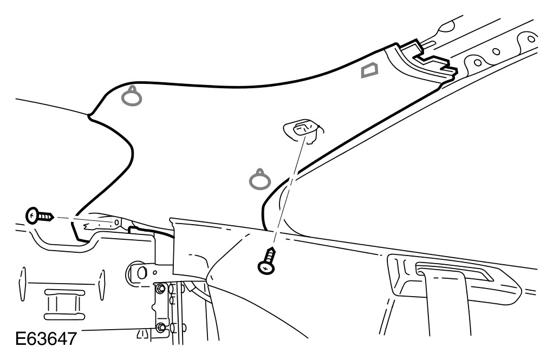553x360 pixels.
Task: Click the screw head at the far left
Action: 32,216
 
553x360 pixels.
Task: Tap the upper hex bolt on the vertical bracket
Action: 160,290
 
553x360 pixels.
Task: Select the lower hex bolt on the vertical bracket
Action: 160,327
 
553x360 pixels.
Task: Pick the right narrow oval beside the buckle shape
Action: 101,283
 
